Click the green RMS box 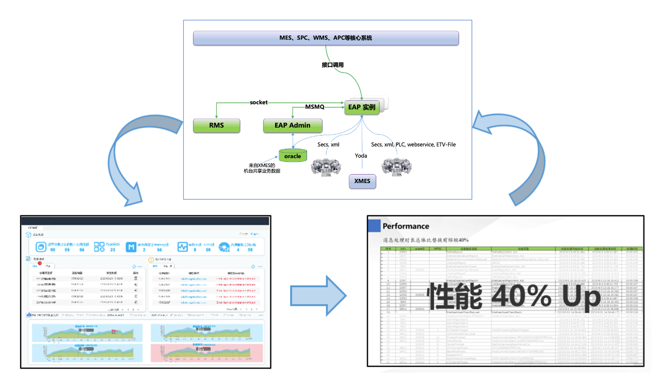point(216,125)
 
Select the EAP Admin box point(292,125)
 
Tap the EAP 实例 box point(362,107)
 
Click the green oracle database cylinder point(292,156)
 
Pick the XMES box point(362,181)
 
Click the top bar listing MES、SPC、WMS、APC point(326,38)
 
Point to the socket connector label point(259,102)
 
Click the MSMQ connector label point(315,107)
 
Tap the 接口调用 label point(333,65)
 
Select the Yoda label point(361,156)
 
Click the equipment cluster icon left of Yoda point(326,167)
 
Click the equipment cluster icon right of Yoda point(396,166)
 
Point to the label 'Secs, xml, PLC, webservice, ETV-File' point(413,144)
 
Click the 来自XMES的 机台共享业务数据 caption point(262,168)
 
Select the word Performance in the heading point(406,226)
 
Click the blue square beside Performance point(374,226)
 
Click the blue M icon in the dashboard point(131,247)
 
